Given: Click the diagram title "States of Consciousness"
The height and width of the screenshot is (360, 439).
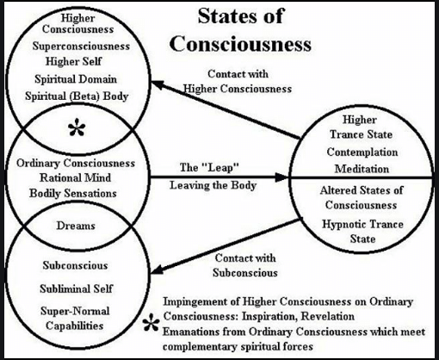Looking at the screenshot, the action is [240, 30].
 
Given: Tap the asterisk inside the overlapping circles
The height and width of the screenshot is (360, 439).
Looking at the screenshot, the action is [77, 129].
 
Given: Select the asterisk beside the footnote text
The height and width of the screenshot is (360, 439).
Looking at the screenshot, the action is [151, 322].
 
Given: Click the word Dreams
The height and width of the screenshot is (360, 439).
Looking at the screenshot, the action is [76, 226].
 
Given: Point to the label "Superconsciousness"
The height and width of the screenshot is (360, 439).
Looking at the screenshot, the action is [81, 47].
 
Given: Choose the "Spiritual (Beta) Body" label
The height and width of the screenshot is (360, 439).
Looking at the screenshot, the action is [77, 96].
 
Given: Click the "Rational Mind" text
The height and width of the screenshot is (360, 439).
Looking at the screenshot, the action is [75, 177].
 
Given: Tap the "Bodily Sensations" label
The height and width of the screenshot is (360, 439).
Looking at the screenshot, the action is [73, 193].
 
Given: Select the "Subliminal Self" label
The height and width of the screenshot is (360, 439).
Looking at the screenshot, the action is [76, 289].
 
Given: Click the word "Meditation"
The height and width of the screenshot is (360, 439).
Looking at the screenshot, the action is [362, 169].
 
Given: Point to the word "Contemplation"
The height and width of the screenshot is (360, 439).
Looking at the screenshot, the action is [362, 152].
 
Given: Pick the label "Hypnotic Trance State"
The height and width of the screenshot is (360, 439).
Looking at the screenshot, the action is [362, 232].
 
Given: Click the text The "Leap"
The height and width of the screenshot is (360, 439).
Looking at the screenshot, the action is [209, 167].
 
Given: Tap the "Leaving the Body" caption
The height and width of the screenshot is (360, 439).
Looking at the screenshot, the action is [213, 185].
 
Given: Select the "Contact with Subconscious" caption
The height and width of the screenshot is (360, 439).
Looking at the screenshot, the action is [245, 265].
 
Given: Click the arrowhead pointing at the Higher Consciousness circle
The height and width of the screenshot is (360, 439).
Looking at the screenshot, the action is [158, 84].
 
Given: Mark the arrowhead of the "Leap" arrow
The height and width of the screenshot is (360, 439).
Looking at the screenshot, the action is [281, 177].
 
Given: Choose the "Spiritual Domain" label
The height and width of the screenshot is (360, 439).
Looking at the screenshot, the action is [76, 79].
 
